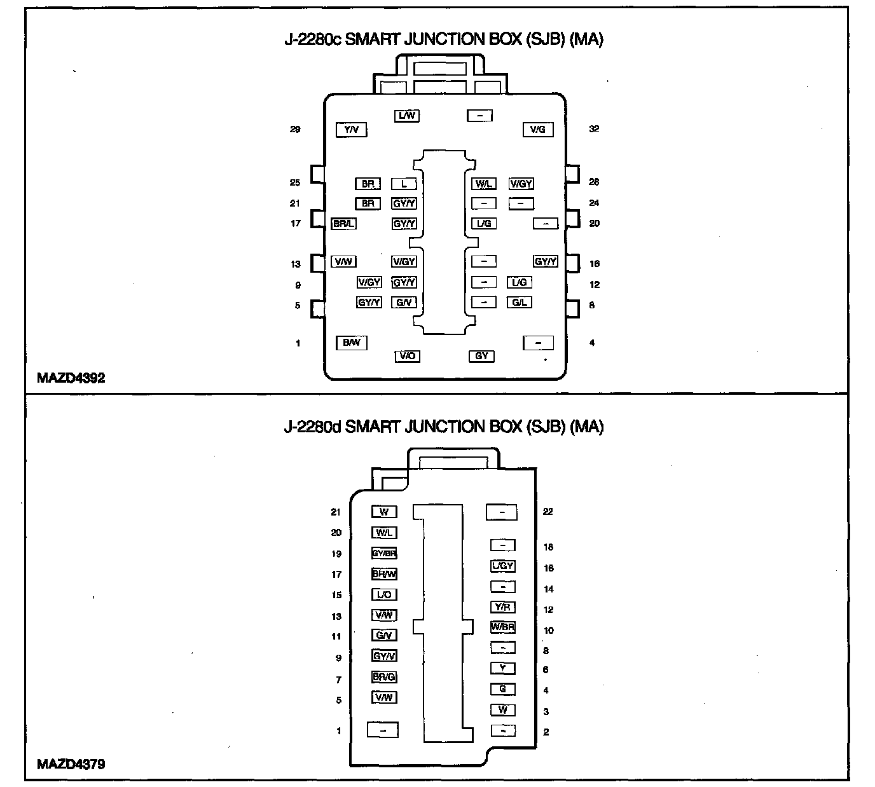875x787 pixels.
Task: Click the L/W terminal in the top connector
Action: coord(406,116)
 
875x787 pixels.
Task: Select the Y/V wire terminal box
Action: coord(351,130)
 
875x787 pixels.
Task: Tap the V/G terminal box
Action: coord(537,130)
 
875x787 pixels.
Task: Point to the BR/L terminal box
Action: coord(343,224)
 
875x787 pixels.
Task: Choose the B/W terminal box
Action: coord(351,343)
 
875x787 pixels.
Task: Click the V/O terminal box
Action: coord(406,356)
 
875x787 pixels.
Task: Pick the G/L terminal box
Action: coord(520,303)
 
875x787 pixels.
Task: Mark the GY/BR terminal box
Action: coord(384,553)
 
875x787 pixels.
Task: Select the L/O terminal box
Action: coord(384,595)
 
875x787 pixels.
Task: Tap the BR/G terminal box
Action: coord(384,677)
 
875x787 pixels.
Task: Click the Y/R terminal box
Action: coord(502,607)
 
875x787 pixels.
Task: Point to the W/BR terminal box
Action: coord(502,627)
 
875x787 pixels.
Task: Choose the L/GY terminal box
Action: coord(502,566)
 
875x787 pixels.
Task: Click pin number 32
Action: coord(594,129)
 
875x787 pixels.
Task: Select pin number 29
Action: coord(295,130)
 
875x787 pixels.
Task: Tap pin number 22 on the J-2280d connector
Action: coord(548,512)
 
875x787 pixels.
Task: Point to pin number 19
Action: coord(336,554)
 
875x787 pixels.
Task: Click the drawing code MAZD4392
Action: coord(71,378)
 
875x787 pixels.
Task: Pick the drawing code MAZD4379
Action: coord(71,764)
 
